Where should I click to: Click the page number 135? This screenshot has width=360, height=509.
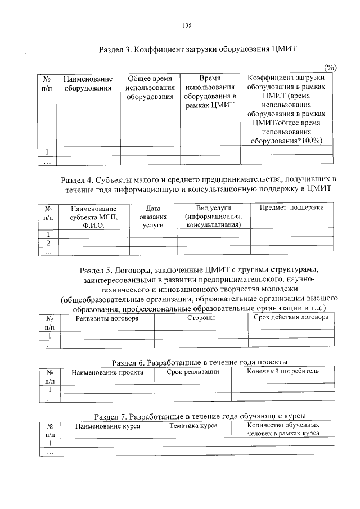pos(187,25)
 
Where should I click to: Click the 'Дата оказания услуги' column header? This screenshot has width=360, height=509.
pos(153,217)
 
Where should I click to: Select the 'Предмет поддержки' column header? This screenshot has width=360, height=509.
pos(291,208)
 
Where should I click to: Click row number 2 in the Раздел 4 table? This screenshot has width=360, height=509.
pos(48,243)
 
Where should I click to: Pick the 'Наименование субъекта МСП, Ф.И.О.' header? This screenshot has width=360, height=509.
pos(94,217)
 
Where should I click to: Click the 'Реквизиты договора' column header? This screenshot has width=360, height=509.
pos(107,318)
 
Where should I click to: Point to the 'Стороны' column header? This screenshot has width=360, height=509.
pos(201,318)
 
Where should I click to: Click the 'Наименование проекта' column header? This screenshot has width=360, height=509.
pos(107,372)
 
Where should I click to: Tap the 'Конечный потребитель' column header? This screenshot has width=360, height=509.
pos(283,372)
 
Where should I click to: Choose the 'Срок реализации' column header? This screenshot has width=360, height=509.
pos(193,372)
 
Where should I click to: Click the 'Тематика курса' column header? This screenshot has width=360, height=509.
pos(193,426)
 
